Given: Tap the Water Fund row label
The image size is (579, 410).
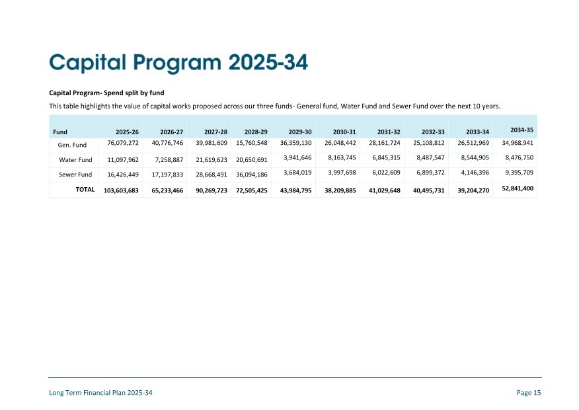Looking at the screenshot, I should pos(75,160).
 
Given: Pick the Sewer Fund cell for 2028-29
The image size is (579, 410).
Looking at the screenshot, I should pos(251,175).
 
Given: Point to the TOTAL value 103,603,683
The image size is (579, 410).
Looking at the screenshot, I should pos(121,190).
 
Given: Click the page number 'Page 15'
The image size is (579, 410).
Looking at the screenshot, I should pos(529,393).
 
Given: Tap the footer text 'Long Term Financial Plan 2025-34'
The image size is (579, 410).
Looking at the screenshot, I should pos(100,393).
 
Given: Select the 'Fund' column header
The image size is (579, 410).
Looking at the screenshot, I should pos(60,132).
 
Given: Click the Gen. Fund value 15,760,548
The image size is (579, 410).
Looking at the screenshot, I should pos(251,142).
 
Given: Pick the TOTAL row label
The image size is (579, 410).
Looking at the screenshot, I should pos(85,189).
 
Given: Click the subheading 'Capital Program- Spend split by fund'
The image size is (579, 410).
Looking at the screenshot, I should pos(106,93).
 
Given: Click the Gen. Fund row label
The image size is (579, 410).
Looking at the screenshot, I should pos(73,145).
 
